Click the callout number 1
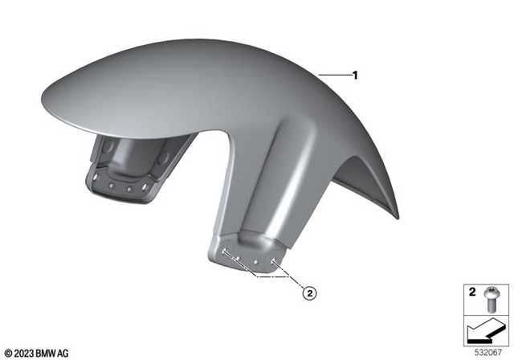354,76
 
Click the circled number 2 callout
310,293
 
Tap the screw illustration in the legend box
492,299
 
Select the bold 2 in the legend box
472,291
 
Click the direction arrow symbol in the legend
485,329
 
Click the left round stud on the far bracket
113,188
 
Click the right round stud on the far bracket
129,190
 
